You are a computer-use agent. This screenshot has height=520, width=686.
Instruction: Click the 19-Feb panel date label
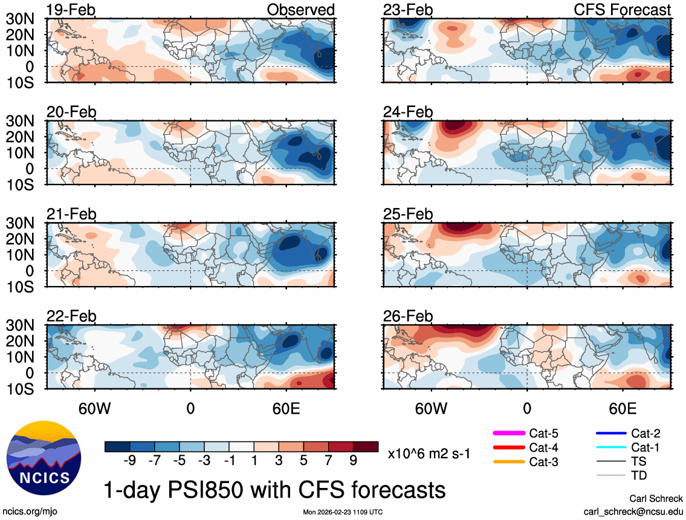(71, 10)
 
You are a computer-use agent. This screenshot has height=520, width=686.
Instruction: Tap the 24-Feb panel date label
(408, 112)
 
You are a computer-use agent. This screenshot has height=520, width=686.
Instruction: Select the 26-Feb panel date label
(408, 316)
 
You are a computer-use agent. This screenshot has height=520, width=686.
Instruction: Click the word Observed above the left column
(301, 10)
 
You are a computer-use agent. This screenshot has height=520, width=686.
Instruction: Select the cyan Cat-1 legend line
(609, 447)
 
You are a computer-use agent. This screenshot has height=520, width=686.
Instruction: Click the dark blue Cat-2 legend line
(609, 433)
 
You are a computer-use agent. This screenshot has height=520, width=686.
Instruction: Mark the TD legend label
(638, 476)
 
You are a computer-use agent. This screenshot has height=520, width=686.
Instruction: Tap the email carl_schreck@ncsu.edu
(633, 511)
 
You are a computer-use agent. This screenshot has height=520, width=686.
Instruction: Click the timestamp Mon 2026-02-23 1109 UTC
(343, 512)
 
